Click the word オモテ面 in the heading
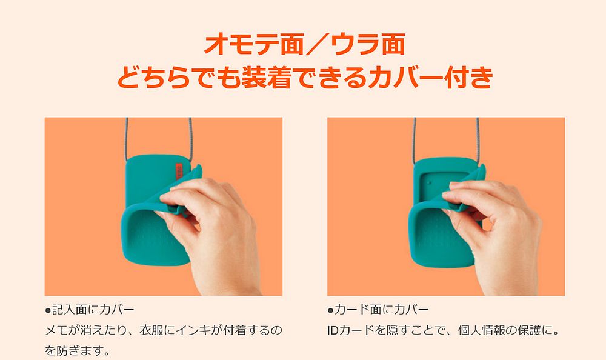(242, 44)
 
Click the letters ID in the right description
(333, 331)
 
